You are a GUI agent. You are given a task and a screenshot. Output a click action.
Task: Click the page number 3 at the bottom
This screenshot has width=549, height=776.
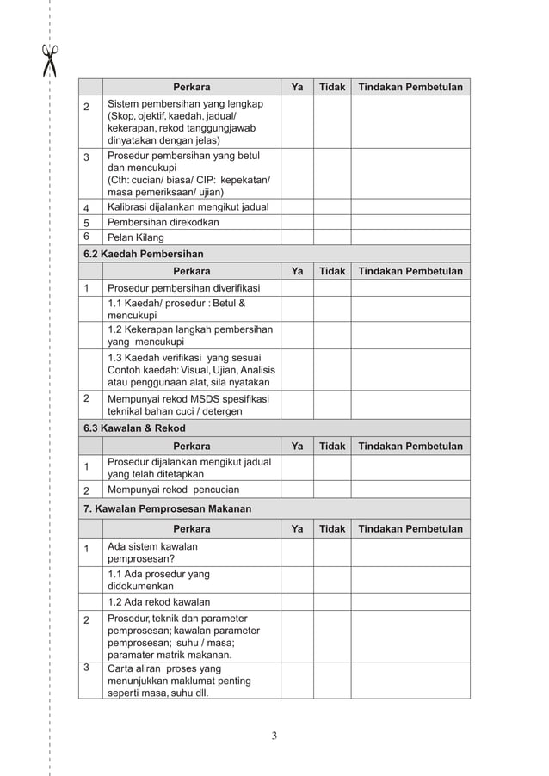click(274, 735)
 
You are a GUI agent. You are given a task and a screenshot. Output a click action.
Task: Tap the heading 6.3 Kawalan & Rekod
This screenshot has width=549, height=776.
click(134, 428)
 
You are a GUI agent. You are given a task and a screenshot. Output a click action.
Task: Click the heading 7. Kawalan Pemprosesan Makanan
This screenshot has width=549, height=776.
click(167, 508)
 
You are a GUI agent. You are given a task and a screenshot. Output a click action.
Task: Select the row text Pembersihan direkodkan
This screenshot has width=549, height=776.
click(163, 222)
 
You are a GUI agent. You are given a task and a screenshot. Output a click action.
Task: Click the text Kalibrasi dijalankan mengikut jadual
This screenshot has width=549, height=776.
click(188, 206)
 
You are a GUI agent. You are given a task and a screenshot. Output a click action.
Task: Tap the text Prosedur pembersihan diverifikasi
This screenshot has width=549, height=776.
click(183, 288)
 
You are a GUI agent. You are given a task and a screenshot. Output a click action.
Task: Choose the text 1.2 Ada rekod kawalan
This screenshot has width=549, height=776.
click(158, 602)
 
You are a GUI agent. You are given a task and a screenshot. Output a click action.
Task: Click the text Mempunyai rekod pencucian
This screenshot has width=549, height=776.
click(173, 490)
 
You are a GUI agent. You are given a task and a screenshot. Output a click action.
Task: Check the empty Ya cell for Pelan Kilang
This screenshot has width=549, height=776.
click(297, 237)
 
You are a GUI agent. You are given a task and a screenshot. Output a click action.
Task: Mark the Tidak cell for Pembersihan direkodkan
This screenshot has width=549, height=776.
click(332, 222)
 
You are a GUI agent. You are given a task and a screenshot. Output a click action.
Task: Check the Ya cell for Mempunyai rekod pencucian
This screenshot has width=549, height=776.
click(297, 490)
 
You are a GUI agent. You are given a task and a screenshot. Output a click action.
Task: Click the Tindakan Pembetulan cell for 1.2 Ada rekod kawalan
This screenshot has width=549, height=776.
click(410, 602)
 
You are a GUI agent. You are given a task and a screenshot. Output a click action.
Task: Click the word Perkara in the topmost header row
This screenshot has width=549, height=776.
click(191, 87)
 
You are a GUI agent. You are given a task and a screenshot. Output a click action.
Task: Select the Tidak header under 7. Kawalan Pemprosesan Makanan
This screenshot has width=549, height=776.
click(332, 529)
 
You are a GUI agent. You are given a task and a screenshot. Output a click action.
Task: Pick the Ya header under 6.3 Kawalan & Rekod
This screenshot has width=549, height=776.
click(297, 446)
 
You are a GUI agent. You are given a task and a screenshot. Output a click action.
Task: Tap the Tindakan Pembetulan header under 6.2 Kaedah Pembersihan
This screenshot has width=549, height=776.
click(410, 271)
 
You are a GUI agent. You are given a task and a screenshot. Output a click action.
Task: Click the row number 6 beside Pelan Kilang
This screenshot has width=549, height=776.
click(86, 237)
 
